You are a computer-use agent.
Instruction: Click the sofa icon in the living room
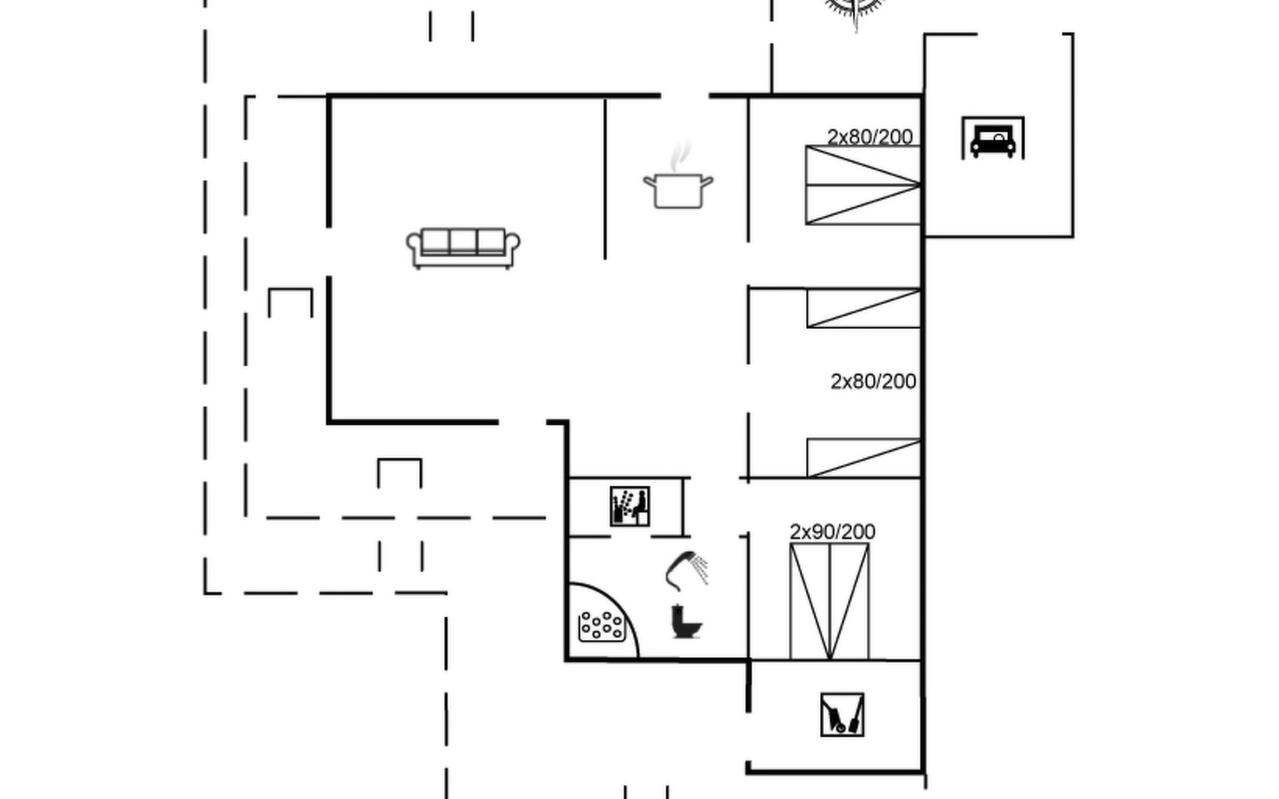(x=464, y=248)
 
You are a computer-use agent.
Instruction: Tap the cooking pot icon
(x=678, y=190)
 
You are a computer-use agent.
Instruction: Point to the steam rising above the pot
(x=680, y=156)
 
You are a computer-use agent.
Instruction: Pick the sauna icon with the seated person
(x=630, y=507)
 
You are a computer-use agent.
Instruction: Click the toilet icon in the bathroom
(x=686, y=621)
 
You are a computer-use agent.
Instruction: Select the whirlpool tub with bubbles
(x=602, y=627)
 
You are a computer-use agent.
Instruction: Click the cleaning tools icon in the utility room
(x=842, y=714)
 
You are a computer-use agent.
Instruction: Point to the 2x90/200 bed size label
(x=833, y=531)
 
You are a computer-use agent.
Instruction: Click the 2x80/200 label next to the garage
(x=870, y=136)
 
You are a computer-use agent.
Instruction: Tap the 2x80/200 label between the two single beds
(x=873, y=382)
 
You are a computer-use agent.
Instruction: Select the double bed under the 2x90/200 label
(x=829, y=601)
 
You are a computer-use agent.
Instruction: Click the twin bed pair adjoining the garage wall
(x=863, y=185)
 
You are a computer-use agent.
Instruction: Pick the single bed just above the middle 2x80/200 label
(x=864, y=308)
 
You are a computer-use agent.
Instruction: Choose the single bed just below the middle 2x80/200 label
(x=864, y=458)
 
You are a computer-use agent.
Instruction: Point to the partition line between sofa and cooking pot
(x=605, y=178)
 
